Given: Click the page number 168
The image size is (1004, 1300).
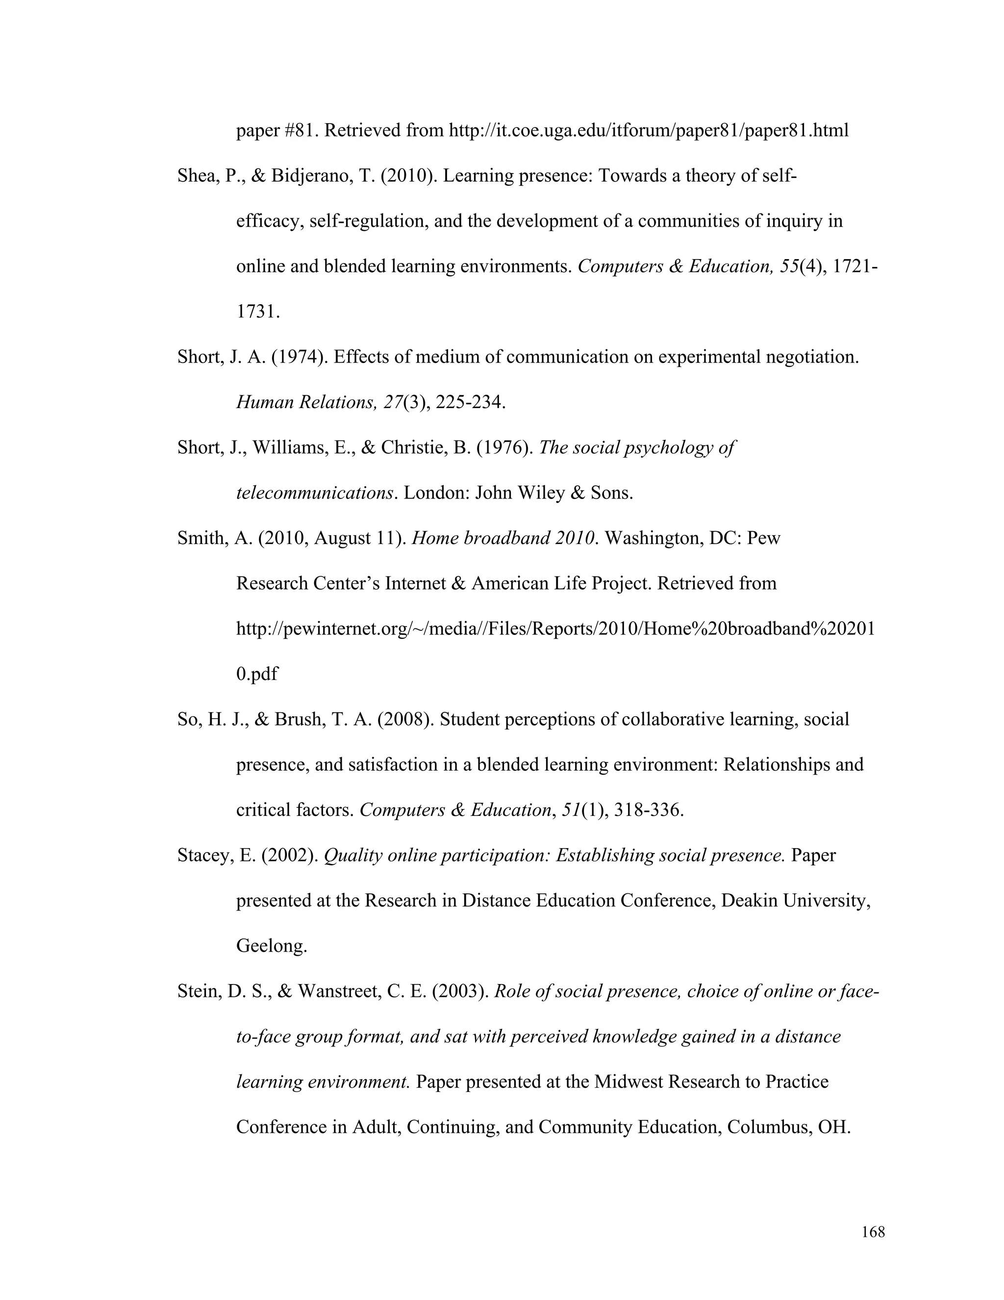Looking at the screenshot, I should point(873,1232).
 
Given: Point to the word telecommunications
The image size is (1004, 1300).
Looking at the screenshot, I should point(315,493).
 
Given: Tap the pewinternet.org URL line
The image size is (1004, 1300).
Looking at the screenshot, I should point(555,628).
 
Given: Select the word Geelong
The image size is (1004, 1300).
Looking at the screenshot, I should point(271,946).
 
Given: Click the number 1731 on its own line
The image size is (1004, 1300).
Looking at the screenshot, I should point(256,312).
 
